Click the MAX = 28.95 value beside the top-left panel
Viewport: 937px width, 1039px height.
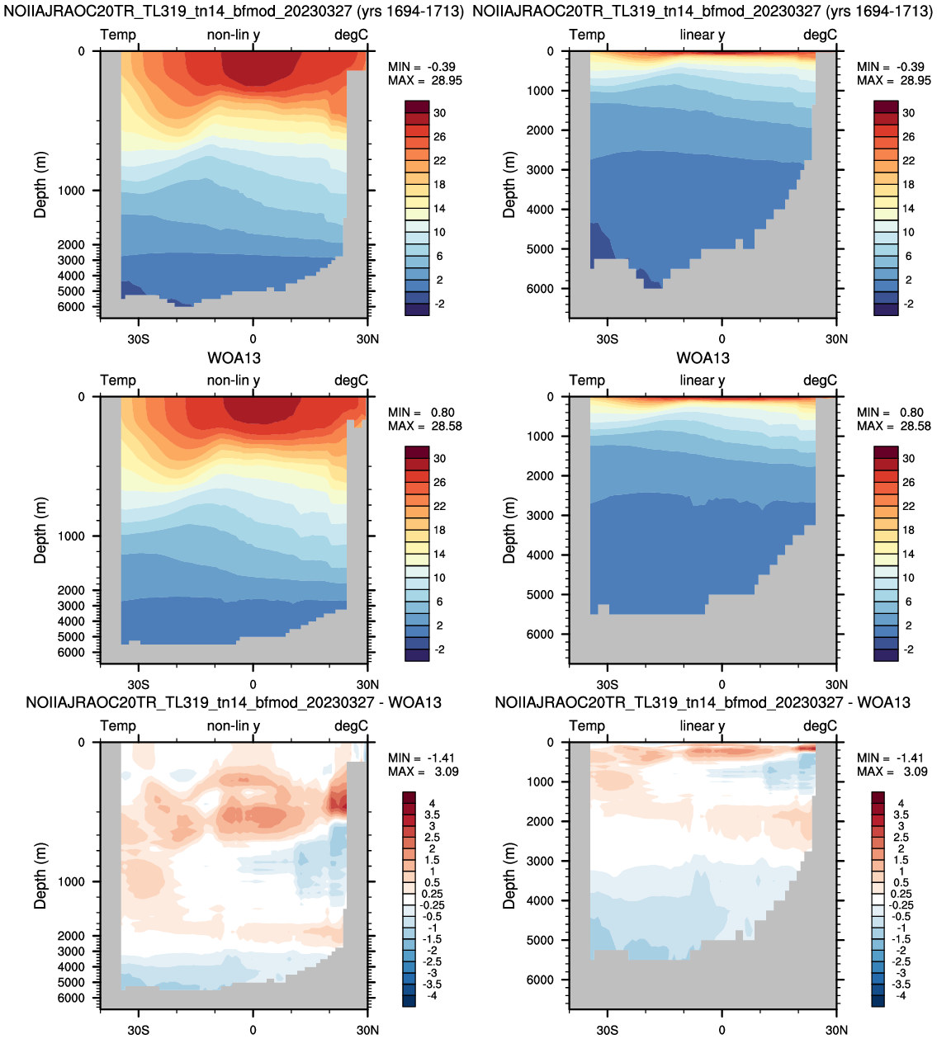(425, 81)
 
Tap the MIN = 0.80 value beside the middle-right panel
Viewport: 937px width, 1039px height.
(889, 413)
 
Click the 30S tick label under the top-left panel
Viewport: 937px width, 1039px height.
(139, 339)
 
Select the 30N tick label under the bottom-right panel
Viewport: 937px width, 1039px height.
(836, 1030)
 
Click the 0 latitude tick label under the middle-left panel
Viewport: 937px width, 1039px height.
(253, 685)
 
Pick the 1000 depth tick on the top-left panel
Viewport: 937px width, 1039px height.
(71, 191)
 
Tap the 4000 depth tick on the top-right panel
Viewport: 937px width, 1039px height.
(540, 210)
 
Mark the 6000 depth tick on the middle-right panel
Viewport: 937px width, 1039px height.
(540, 635)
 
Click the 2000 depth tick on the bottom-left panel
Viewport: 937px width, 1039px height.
(71, 936)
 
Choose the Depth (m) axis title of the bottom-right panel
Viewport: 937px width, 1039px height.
(509, 876)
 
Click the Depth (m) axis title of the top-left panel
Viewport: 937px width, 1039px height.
(40, 185)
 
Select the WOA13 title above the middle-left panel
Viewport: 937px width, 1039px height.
(234, 358)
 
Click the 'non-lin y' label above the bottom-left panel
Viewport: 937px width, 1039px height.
(233, 726)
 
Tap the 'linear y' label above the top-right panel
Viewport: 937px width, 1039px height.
(703, 35)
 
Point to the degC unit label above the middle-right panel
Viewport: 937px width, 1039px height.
(820, 380)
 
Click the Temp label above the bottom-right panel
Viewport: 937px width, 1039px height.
(587, 726)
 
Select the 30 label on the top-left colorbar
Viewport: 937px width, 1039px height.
(439, 113)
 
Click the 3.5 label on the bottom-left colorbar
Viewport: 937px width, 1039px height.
(432, 815)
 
